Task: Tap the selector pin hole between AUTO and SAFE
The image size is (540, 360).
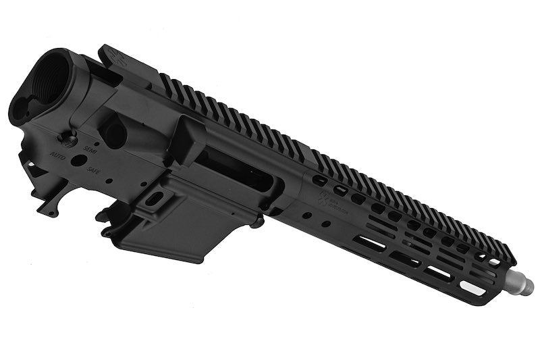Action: pos(79,161)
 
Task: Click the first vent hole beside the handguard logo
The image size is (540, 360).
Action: pos(341,191)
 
